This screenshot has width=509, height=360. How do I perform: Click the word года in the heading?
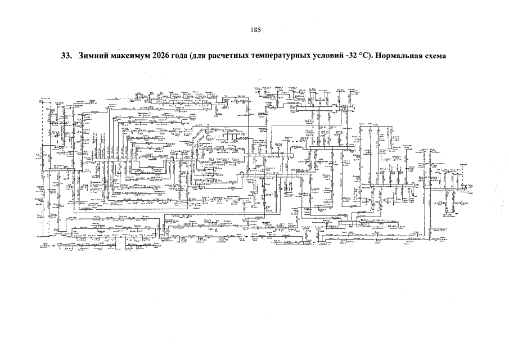(x=192, y=57)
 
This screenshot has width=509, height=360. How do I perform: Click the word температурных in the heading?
(x=303, y=57)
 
